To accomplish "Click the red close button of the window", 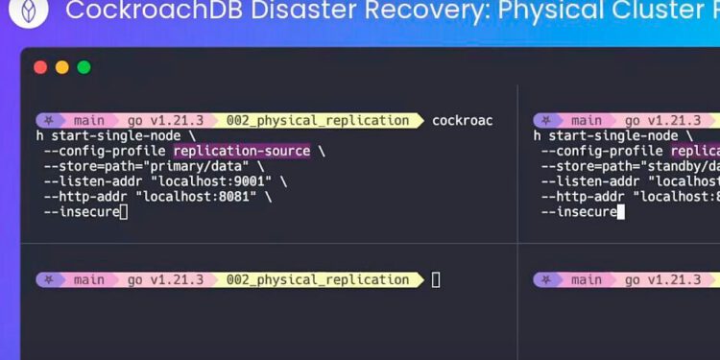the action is click(40, 67).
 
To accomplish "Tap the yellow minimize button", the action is click(61, 67).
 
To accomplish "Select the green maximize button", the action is click(84, 67).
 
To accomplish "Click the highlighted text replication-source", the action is click(242, 151).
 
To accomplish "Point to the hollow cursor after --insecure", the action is click(124, 212).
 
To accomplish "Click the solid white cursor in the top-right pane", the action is click(621, 212).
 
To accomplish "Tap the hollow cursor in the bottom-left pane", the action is click(436, 280).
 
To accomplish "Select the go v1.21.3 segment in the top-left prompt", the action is click(164, 121).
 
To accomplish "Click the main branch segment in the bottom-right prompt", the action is click(586, 280).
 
